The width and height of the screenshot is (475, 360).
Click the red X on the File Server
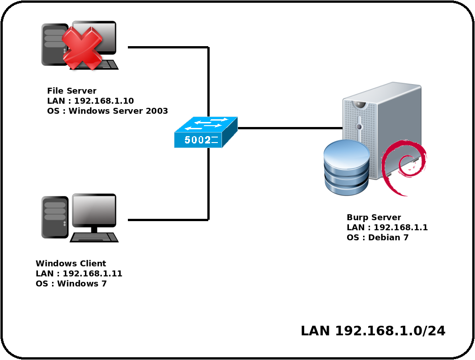tap(82, 48)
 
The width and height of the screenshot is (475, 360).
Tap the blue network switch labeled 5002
tap(206, 132)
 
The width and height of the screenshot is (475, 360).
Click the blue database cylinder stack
tap(346, 167)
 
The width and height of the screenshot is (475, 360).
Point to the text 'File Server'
tap(72, 90)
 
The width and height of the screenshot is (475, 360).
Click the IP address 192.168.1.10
tap(104, 101)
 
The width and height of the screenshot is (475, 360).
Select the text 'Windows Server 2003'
tap(118, 111)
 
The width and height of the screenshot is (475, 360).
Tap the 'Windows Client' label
tap(71, 263)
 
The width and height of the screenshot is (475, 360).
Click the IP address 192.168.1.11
tap(92, 273)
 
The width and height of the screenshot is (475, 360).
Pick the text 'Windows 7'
tap(82, 283)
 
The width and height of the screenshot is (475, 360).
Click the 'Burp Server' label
tap(374, 217)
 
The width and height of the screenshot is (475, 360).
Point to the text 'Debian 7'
tap(388, 237)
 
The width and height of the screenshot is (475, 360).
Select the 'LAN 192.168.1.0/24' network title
tap(373, 331)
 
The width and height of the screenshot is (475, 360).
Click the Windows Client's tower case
tap(55, 217)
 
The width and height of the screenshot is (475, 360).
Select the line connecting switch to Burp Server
tap(290, 128)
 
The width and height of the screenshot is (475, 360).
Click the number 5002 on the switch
tap(197, 140)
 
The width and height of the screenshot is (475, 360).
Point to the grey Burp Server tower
tap(382, 130)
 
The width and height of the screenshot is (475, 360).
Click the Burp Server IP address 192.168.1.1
tap(401, 227)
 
